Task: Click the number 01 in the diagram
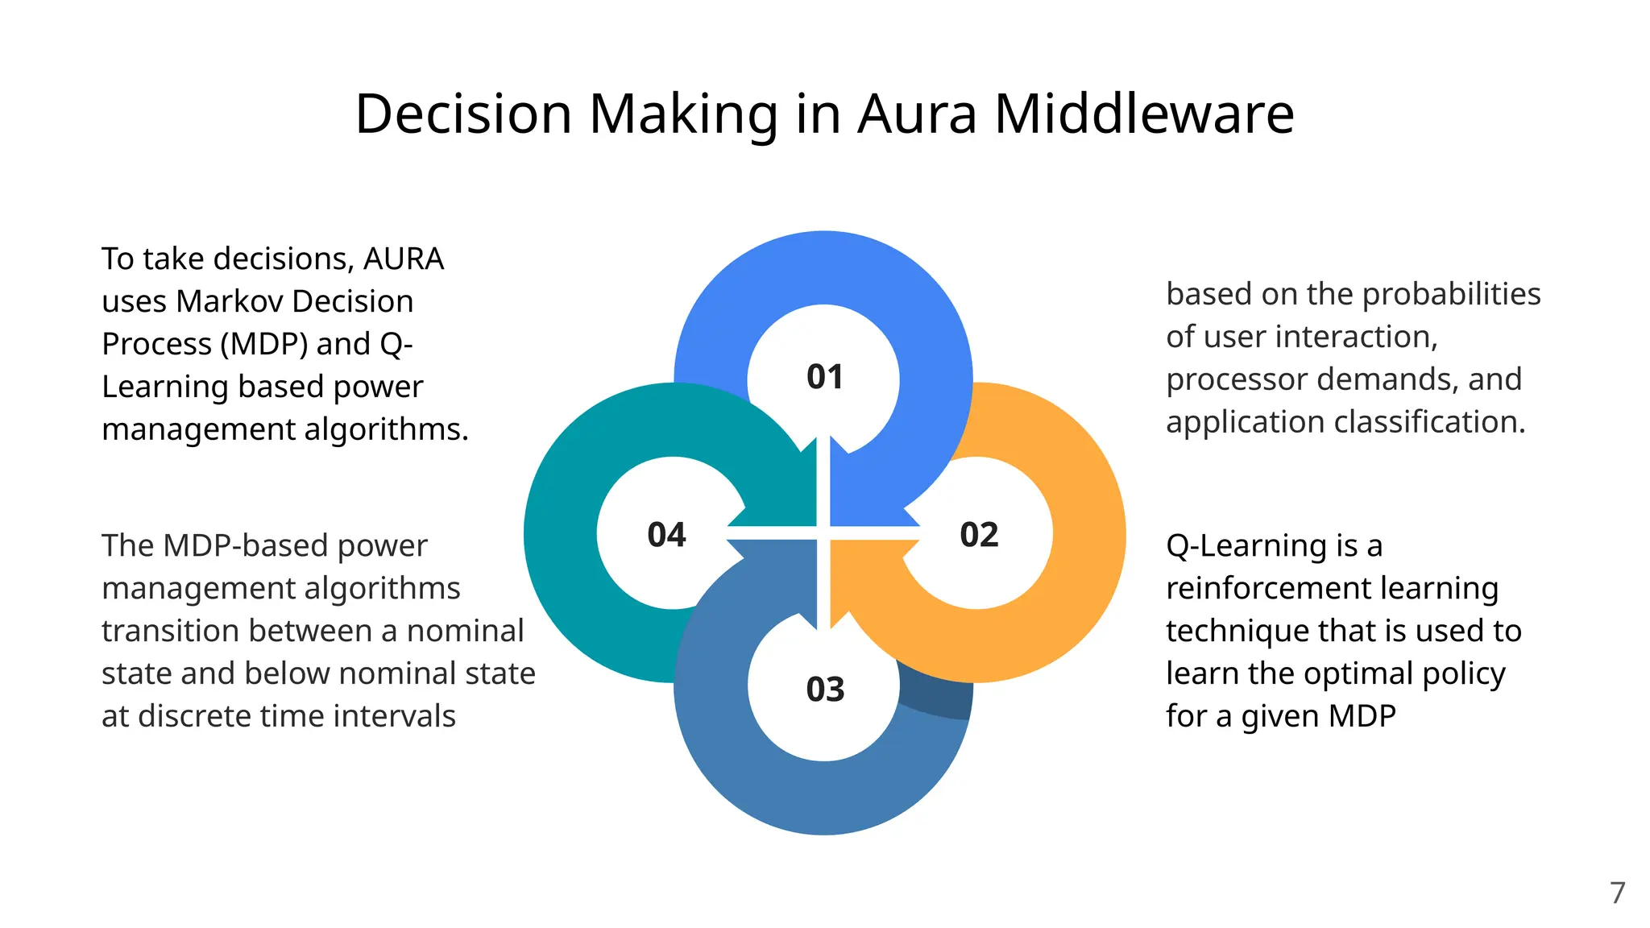(825, 377)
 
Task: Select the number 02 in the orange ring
(979, 535)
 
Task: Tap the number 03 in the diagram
(825, 690)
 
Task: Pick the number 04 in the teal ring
(666, 535)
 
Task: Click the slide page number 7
(1618, 893)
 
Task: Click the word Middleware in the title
(1144, 114)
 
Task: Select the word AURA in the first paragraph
(404, 259)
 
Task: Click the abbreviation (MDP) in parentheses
(264, 345)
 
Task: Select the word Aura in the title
(918, 114)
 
